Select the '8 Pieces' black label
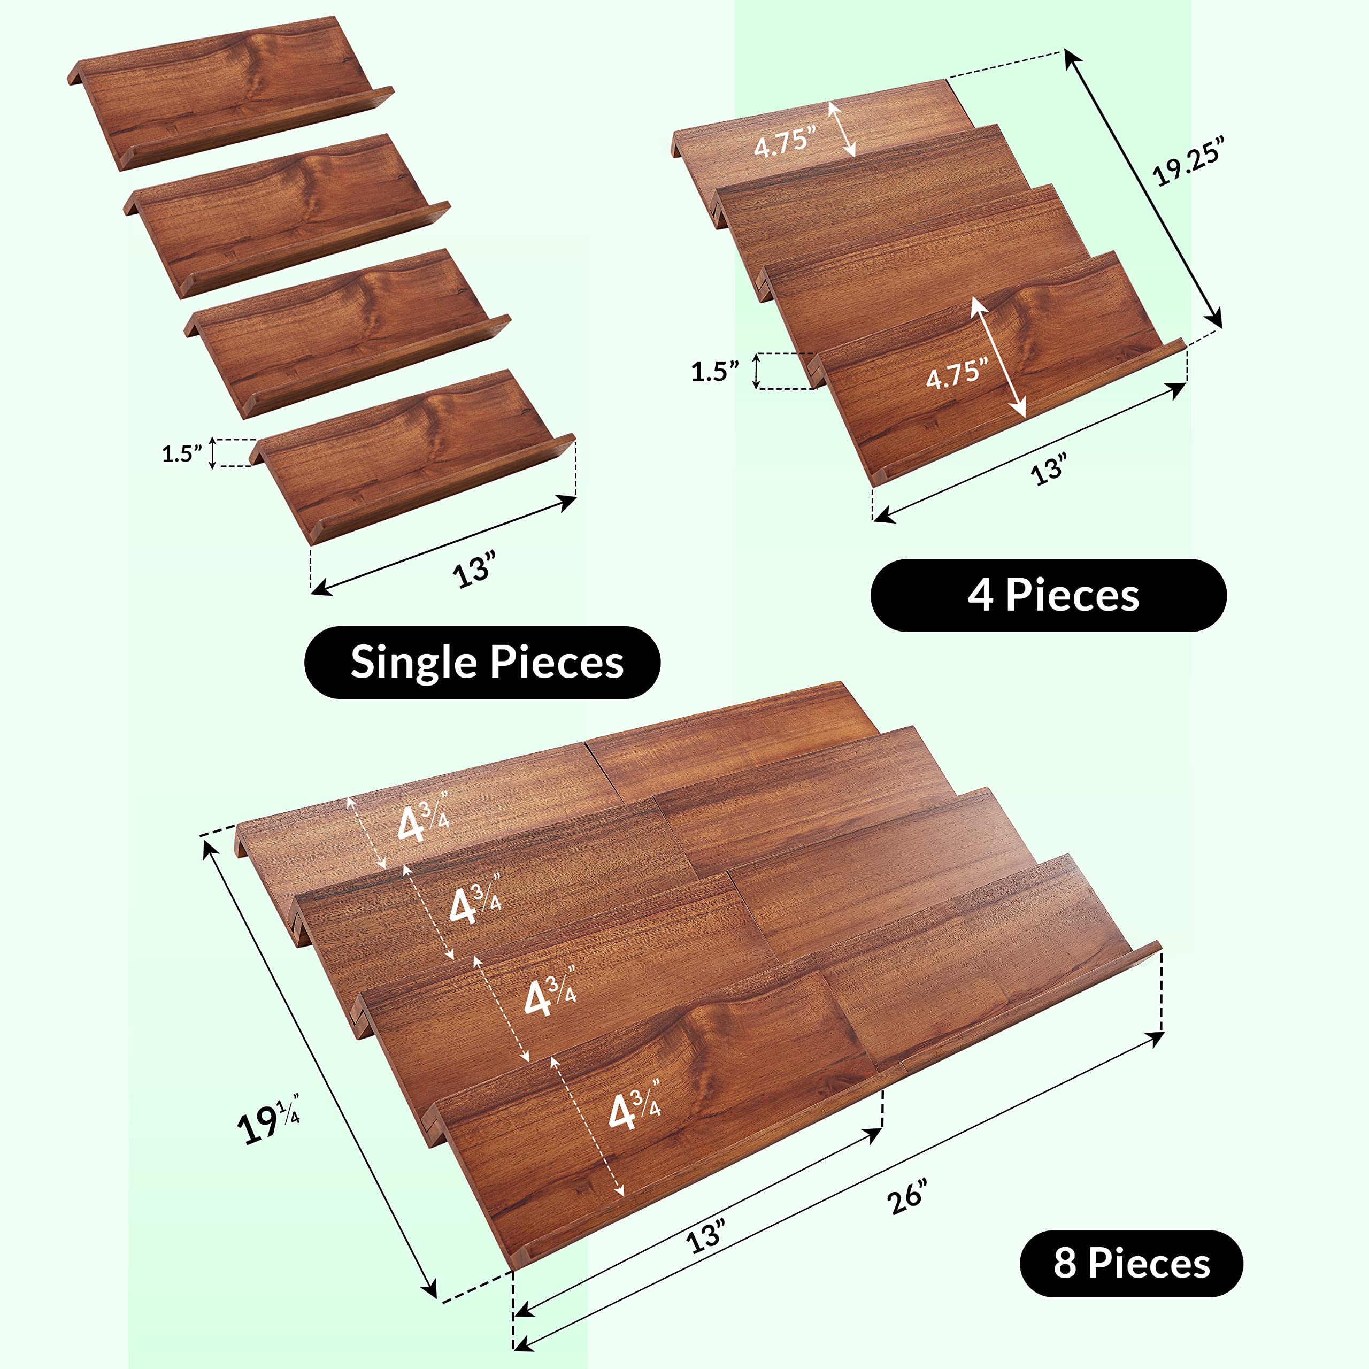(x=1131, y=1264)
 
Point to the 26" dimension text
(x=906, y=1197)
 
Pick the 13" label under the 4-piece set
(x=1049, y=468)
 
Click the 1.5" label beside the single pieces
(x=182, y=453)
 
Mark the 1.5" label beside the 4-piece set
(x=714, y=371)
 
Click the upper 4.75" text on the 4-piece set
(x=785, y=142)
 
